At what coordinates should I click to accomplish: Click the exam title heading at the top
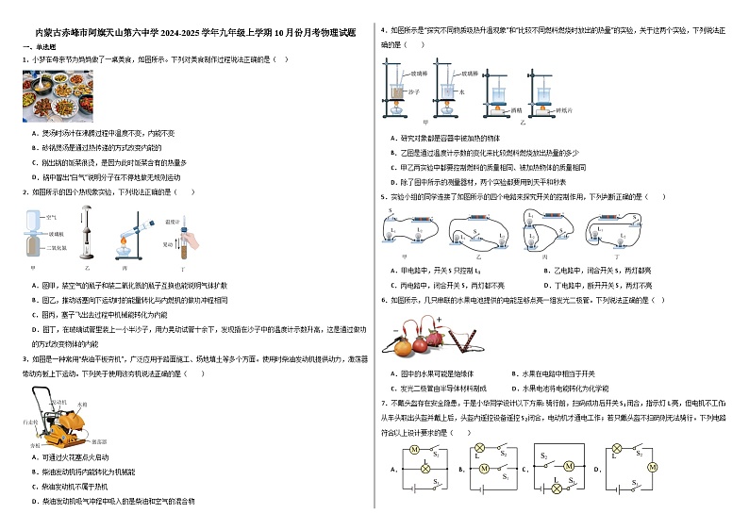(x=194, y=32)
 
